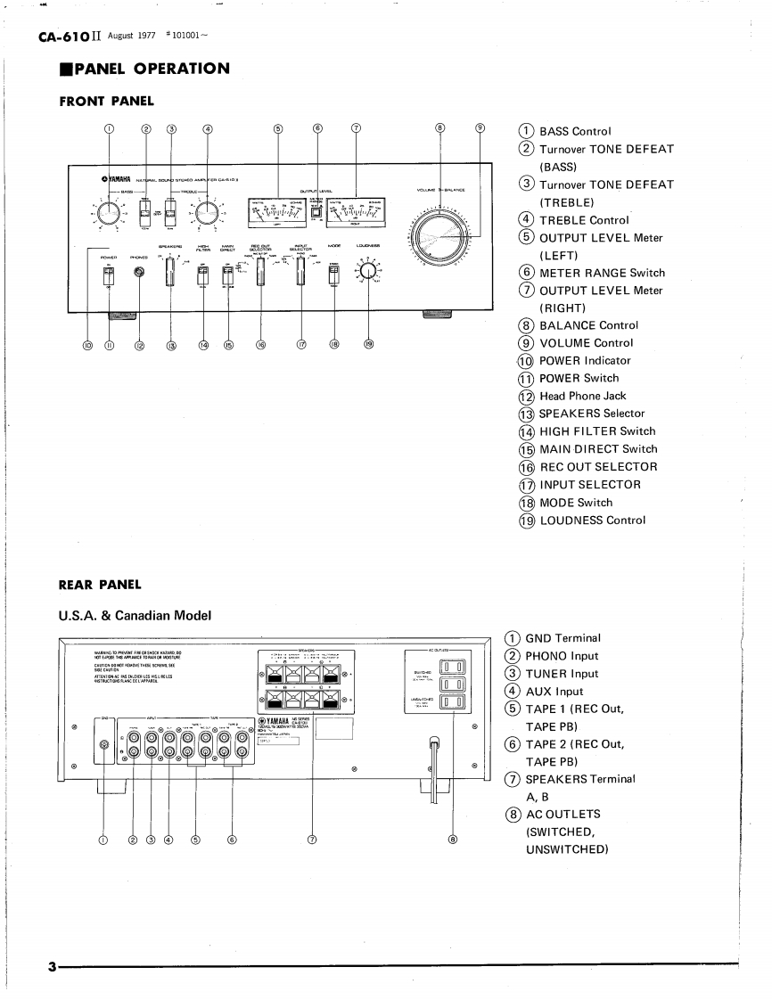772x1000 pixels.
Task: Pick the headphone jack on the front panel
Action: (x=138, y=272)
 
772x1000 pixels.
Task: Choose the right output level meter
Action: (x=357, y=211)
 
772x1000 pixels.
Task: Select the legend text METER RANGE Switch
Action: (x=602, y=273)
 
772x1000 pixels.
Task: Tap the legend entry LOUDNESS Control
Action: (x=592, y=520)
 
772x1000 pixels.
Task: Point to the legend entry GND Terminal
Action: (x=563, y=638)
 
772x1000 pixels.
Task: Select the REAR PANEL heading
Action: (x=100, y=585)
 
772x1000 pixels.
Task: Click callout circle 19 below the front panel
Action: (x=367, y=345)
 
